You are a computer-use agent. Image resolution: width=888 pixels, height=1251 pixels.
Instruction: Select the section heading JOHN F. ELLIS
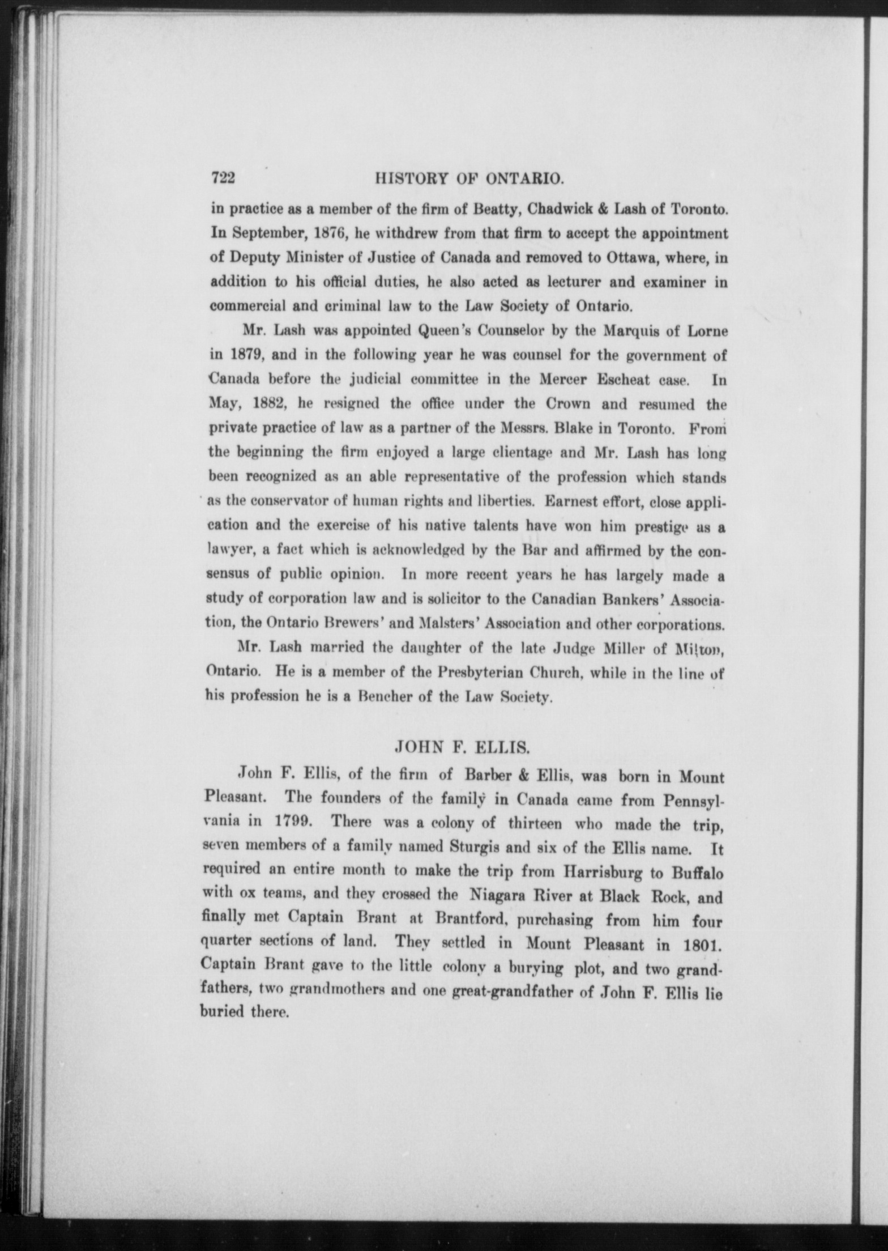click(462, 748)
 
